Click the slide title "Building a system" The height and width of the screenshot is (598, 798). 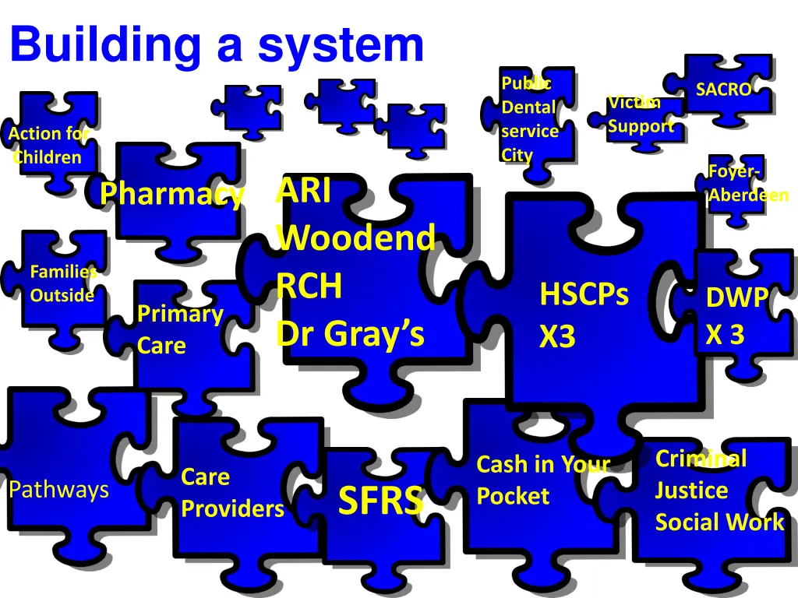[x=217, y=45]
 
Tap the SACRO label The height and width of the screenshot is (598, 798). [x=723, y=90]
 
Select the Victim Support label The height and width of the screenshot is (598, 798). [x=641, y=114]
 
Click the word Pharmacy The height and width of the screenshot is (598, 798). [x=172, y=194]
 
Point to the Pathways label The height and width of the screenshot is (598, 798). [x=58, y=490]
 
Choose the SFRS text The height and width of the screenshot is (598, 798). [x=381, y=501]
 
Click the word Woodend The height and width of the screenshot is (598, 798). [x=355, y=237]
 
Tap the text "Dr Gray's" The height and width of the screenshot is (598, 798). [x=351, y=334]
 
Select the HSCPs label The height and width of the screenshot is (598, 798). [x=584, y=295]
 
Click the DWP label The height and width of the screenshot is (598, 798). [x=736, y=297]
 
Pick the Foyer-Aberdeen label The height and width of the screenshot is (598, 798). [x=747, y=183]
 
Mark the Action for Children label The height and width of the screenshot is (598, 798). [x=48, y=146]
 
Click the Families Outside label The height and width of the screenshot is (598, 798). [x=63, y=283]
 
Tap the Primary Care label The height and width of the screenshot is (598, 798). [x=179, y=329]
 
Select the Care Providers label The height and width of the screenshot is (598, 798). [x=232, y=493]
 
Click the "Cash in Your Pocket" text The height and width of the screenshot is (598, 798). [x=542, y=480]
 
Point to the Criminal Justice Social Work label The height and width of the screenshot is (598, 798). [x=719, y=491]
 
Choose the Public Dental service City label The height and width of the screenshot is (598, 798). [x=529, y=119]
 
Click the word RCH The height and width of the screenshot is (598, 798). [x=309, y=287]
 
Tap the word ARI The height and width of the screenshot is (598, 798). [x=303, y=191]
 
